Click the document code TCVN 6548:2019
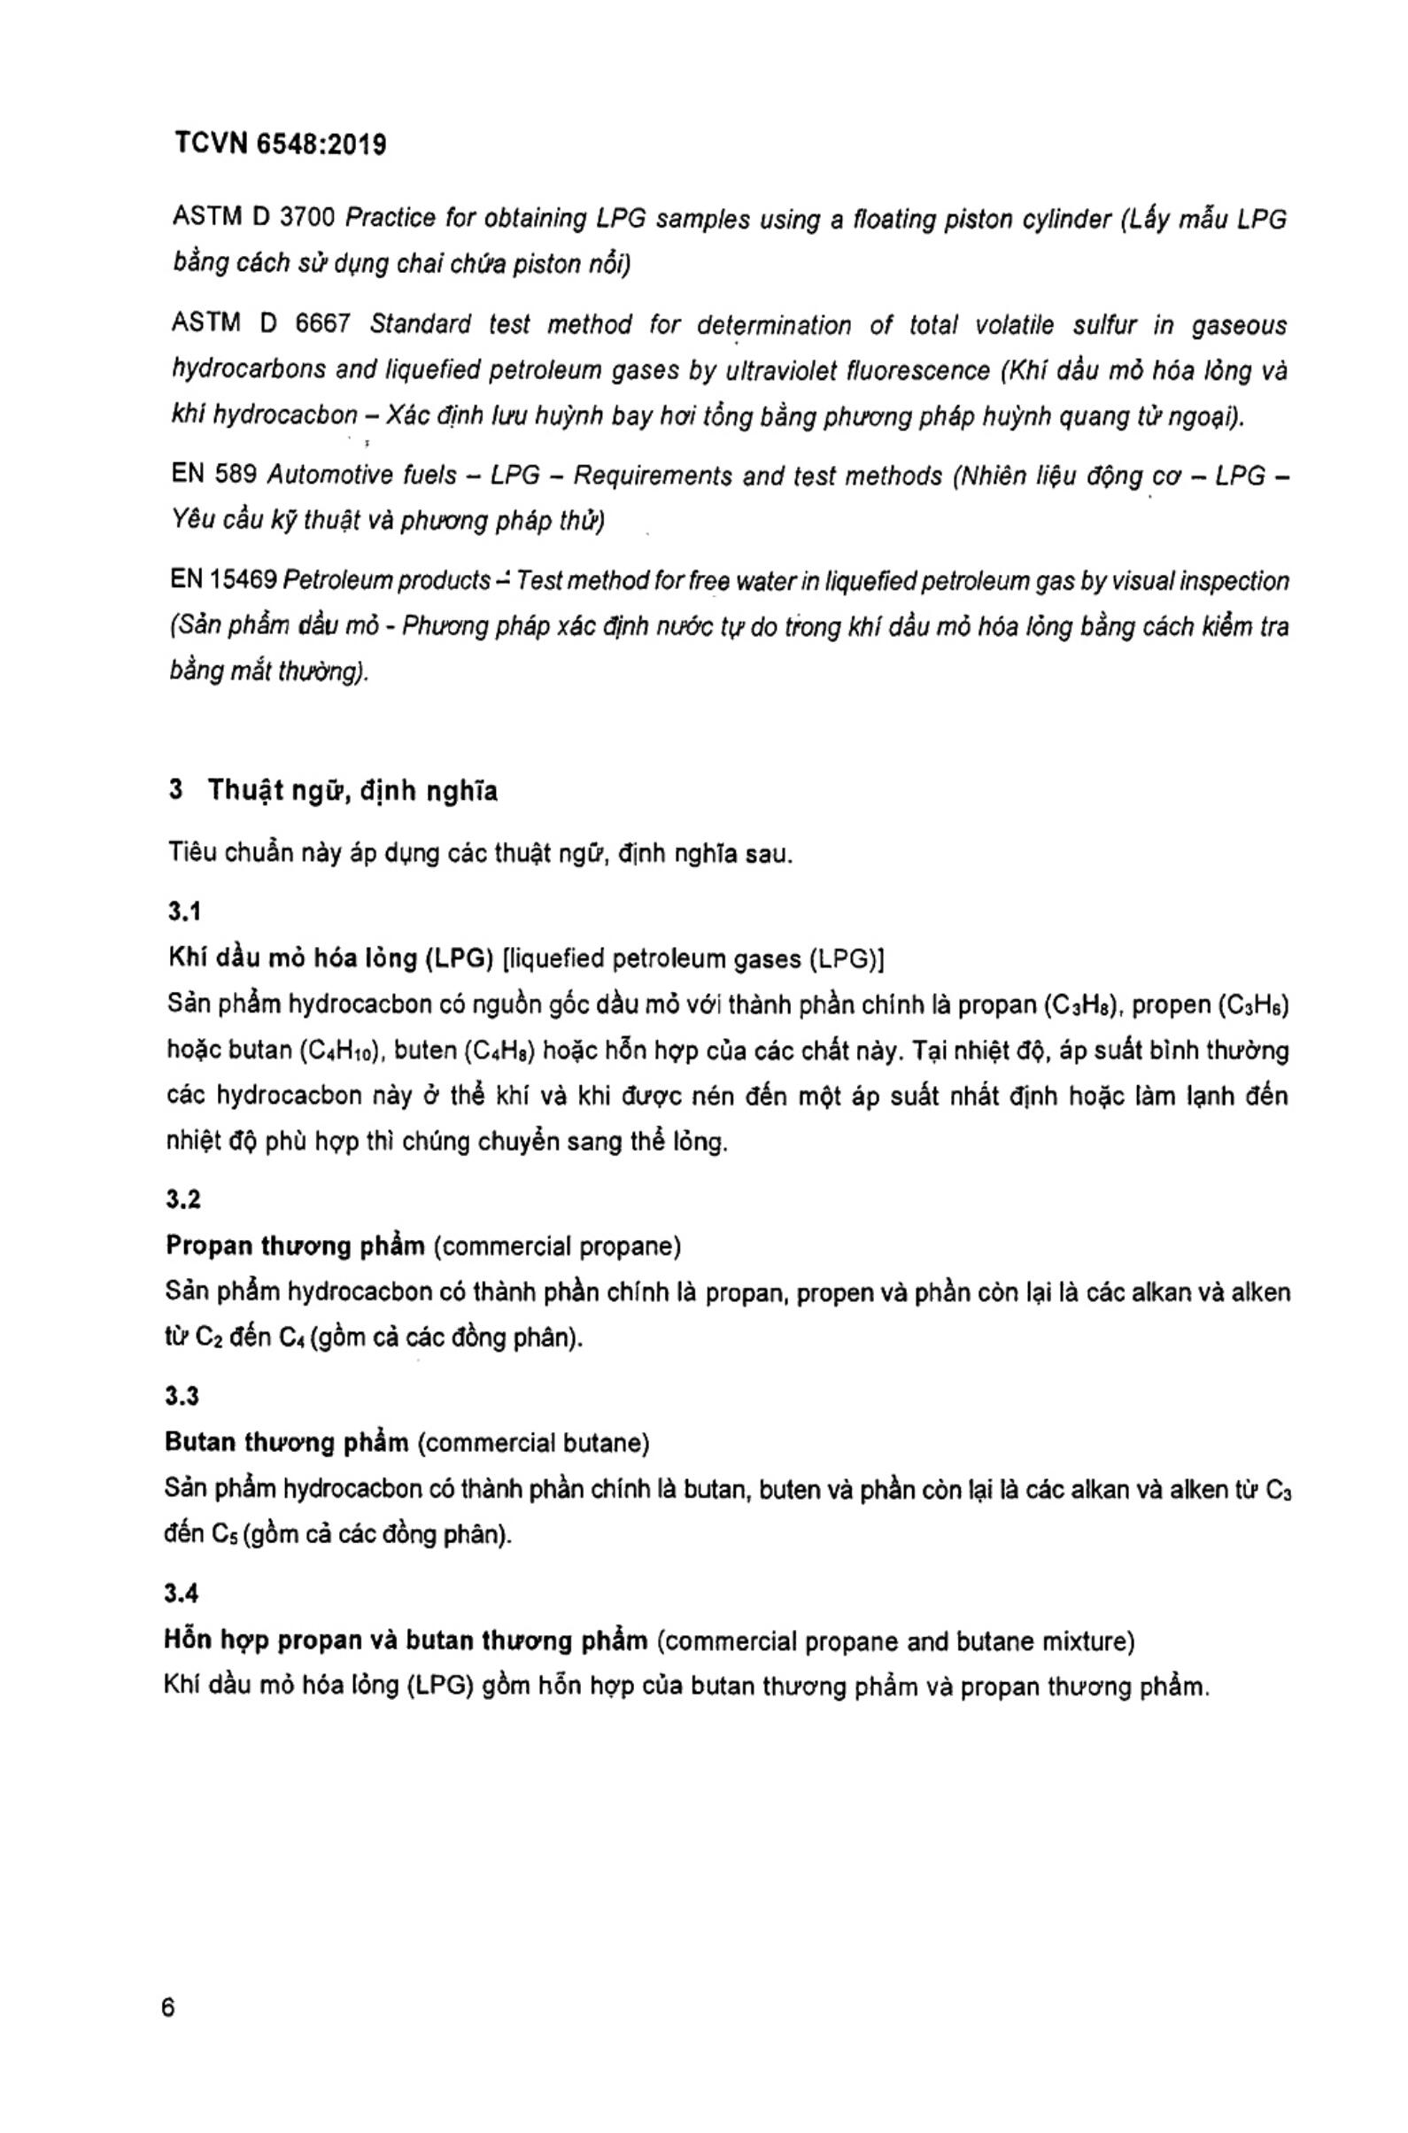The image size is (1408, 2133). click(280, 144)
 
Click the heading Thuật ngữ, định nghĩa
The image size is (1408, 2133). click(353, 791)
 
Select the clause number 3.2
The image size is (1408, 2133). click(182, 1199)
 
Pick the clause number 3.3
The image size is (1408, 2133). click(182, 1396)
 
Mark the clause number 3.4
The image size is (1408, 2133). click(182, 1594)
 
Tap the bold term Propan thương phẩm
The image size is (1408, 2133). click(295, 1246)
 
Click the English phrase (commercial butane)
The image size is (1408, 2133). click(533, 1443)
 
